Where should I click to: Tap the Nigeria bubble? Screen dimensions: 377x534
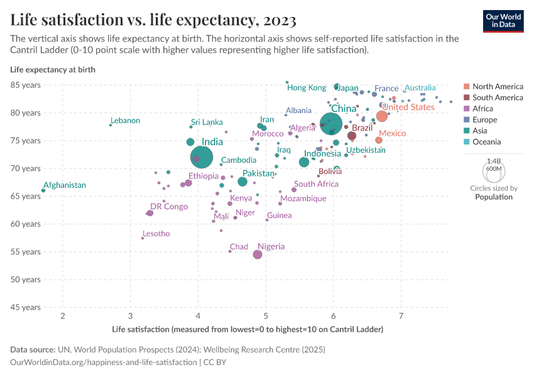(258, 254)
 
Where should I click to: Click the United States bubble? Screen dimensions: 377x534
(381, 116)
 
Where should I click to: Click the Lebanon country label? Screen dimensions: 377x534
(126, 121)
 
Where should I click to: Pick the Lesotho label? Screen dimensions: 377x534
(156, 234)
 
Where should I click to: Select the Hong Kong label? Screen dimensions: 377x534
(307, 88)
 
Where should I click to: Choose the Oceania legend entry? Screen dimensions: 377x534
(487, 142)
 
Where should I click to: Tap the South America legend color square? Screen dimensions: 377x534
(466, 97)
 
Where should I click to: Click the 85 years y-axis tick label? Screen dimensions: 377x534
(25, 85)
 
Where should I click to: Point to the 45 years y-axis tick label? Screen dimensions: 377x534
(25, 307)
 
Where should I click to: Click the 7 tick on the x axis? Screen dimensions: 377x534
(401, 315)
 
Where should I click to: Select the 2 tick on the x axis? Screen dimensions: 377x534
(63, 315)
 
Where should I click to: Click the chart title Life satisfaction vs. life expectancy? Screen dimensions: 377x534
(153, 21)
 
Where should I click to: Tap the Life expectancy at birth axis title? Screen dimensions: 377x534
(53, 69)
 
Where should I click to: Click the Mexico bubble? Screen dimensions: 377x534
(379, 140)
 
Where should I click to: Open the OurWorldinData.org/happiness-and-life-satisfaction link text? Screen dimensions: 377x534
(104, 363)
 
